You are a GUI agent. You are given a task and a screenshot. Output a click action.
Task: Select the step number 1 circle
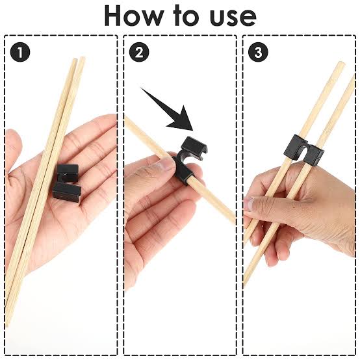pyautogui.click(x=22, y=53)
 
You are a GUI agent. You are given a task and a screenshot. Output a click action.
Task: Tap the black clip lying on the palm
pyautogui.click(x=67, y=184)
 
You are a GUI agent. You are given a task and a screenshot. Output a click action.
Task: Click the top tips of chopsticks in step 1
pyautogui.click(x=77, y=61)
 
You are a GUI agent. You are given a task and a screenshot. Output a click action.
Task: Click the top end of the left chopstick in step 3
pyautogui.click(x=339, y=66)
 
